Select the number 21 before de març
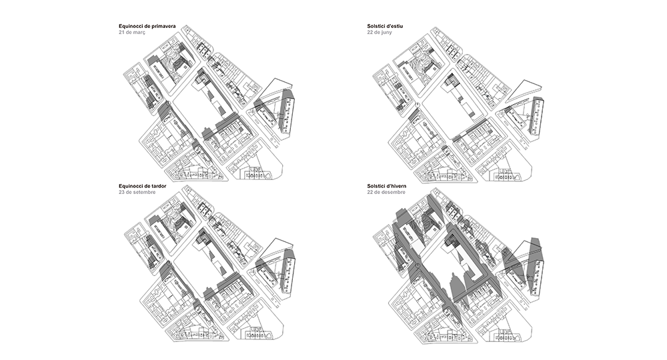point(121,32)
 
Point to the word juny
point(386,32)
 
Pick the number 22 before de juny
point(370,32)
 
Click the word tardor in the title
point(159,186)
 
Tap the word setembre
point(144,192)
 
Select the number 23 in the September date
point(121,192)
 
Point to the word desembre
point(393,192)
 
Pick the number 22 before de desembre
point(370,192)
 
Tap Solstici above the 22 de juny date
point(376,27)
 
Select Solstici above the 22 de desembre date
point(376,186)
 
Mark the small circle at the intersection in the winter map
point(418,265)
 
